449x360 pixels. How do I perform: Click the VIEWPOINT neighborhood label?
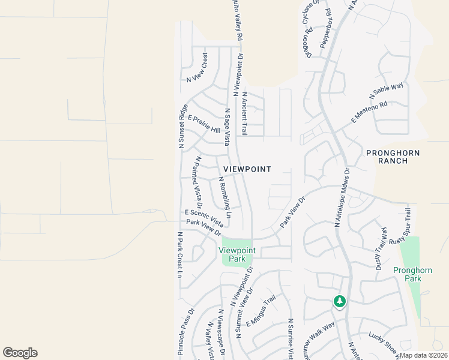tap(247, 170)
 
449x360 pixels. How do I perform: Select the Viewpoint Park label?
tap(237, 254)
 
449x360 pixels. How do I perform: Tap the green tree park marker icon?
tap(340, 301)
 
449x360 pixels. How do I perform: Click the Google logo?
tap(20, 353)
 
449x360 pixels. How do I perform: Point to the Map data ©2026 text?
tap(423, 355)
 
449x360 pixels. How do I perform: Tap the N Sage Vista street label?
tap(227, 127)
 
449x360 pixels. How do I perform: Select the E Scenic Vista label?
tap(204, 217)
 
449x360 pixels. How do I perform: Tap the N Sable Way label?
tap(386, 91)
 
